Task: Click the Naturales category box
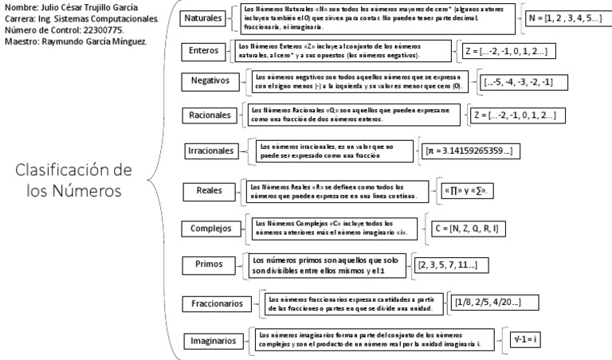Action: tap(202, 18)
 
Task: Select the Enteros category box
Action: tap(204, 51)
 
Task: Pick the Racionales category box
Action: tap(210, 115)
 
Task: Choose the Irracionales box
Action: tap(211, 151)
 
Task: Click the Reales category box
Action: tap(208, 190)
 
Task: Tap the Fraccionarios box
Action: tap(216, 303)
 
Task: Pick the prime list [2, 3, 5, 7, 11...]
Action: tap(451, 265)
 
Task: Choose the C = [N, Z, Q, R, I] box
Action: tap(465, 229)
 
